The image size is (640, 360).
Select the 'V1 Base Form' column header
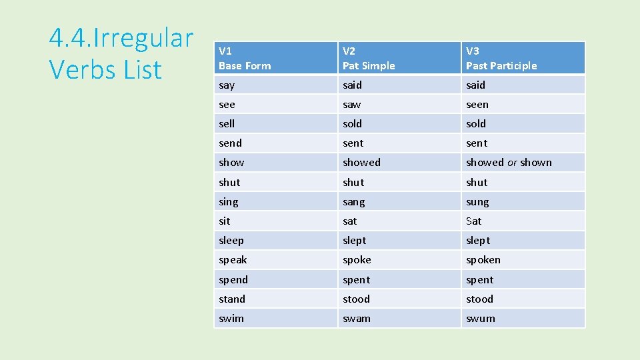click(x=245, y=58)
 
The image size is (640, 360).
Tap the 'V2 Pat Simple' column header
click(x=369, y=58)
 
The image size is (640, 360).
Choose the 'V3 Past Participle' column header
click(x=501, y=58)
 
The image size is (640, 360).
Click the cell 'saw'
click(x=352, y=105)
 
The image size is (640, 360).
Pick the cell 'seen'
click(x=477, y=105)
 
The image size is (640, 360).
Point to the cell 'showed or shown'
click(x=509, y=163)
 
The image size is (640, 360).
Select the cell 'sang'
click(x=354, y=202)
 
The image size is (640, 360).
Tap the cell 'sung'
click(x=477, y=202)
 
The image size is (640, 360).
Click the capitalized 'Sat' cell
click(x=473, y=221)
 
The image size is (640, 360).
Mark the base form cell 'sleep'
click(x=231, y=241)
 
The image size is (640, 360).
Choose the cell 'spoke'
click(x=357, y=260)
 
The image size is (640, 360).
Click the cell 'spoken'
click(x=483, y=260)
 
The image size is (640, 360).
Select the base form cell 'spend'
click(x=233, y=280)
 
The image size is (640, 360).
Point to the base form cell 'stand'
click(x=232, y=299)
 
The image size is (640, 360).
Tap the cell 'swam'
click(x=357, y=319)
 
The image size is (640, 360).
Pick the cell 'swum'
click(x=481, y=319)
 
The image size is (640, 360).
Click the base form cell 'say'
click(x=227, y=85)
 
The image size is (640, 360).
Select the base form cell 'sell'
click(x=227, y=124)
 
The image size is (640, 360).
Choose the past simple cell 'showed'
click(x=362, y=163)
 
